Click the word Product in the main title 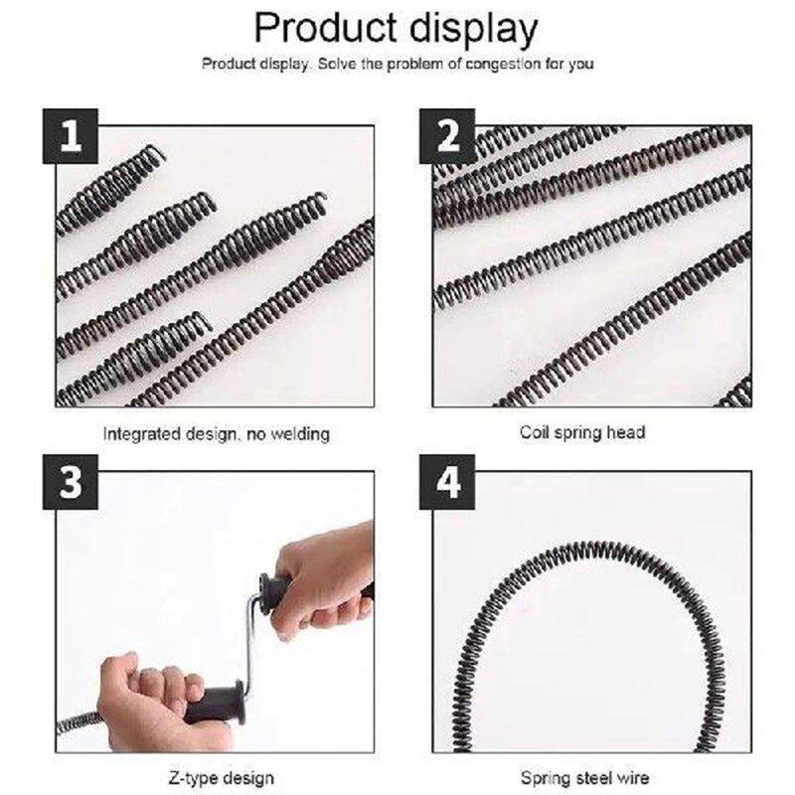pos(326,28)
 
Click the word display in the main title pos(473,31)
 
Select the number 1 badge pos(70,136)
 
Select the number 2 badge pos(447,136)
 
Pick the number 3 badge pos(70,482)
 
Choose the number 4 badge pos(447,482)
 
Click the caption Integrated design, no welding pos(217,434)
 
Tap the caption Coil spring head pos(582,432)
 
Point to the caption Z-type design pos(221,778)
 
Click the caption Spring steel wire pos(585,778)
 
